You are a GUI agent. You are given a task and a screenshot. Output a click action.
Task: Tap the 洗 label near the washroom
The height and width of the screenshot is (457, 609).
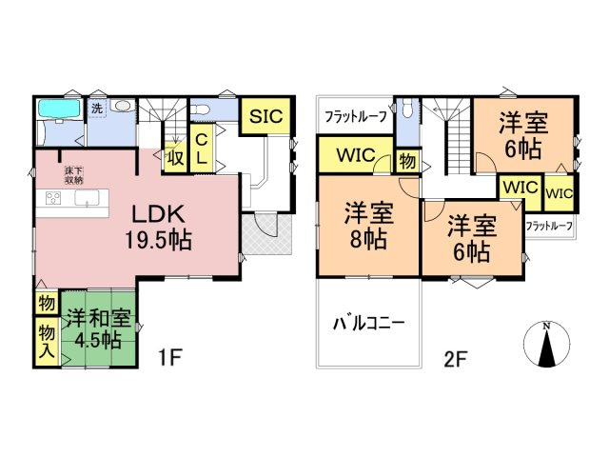(97, 108)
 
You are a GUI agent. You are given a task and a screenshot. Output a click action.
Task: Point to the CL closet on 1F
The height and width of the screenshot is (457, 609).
(202, 150)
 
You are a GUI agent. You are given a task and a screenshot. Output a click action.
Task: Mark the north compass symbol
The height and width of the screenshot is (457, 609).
(546, 346)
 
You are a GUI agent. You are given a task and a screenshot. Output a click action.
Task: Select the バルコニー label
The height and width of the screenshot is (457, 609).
(367, 322)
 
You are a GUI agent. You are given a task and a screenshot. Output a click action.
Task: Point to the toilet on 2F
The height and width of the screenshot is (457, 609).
(407, 109)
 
